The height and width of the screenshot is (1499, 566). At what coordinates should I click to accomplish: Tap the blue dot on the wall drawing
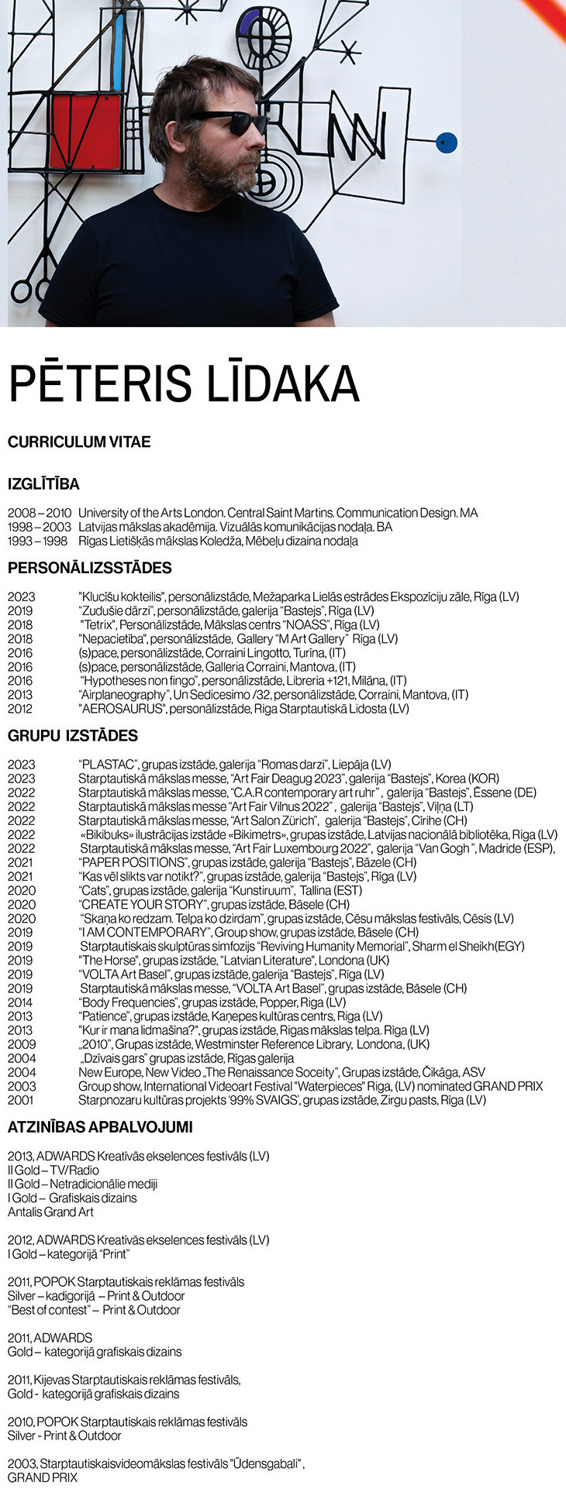tap(446, 143)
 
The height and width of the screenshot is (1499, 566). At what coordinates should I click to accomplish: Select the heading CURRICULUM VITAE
tap(79, 442)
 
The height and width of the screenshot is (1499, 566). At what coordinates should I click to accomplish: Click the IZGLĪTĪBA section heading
tap(43, 484)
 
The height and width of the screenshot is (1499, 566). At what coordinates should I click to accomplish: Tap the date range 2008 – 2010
tap(39, 513)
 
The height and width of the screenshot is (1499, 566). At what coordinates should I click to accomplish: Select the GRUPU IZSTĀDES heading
tap(73, 736)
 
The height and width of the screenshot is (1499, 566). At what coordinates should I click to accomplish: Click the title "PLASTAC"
tap(108, 765)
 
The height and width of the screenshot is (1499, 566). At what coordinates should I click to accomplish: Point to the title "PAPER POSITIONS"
tap(133, 862)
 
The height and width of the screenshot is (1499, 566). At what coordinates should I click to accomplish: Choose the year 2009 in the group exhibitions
tap(20, 1043)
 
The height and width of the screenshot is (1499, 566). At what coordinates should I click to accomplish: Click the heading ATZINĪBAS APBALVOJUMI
tap(100, 1127)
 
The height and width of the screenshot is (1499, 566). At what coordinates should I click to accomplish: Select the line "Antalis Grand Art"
tap(50, 1212)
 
